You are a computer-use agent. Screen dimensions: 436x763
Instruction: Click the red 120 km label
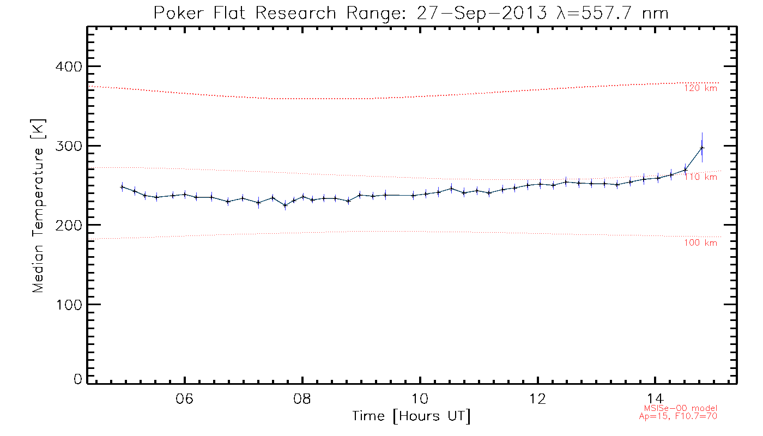click(701, 88)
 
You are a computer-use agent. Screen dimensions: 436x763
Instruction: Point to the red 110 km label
click(701, 177)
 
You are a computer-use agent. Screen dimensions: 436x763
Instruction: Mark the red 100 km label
click(701, 243)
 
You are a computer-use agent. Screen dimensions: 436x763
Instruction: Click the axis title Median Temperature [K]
click(38, 206)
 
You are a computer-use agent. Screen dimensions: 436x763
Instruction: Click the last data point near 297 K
click(702, 148)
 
